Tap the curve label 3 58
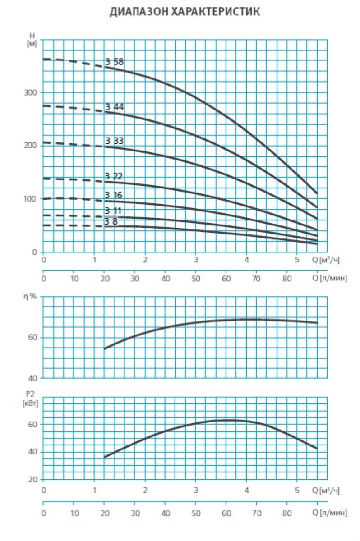114,62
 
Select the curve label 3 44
114,107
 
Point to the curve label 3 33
114,141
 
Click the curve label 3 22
114,176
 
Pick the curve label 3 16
114,195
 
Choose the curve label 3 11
114,211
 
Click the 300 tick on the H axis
30,92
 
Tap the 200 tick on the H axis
30,146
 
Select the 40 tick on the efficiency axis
33,378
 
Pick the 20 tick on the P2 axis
33,479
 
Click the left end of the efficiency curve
105,348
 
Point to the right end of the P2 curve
317,449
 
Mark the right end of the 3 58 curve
317,193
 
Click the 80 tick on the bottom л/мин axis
287,513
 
